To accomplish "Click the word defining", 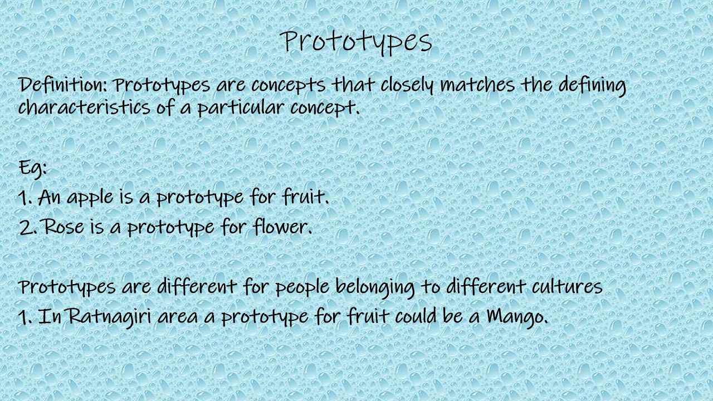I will (x=592, y=85).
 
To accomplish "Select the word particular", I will (x=241, y=107).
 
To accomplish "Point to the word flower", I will (x=282, y=227).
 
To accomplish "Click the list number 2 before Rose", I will (x=26, y=227).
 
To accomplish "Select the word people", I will (x=304, y=287).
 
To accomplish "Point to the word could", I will (x=415, y=316).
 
